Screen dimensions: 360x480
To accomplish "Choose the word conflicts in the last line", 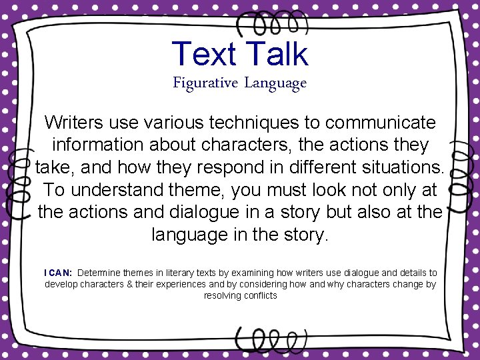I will click(260, 295).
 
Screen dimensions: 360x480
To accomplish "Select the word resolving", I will click(222, 295).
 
